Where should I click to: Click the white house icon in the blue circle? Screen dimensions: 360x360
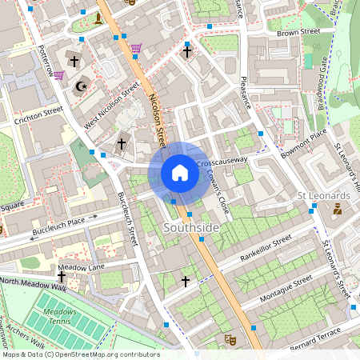[x=180, y=173]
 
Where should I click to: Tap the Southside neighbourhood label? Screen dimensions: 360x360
[x=190, y=228]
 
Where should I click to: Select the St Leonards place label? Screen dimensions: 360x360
[x=323, y=195]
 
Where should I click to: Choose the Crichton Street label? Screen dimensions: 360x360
[x=38, y=115]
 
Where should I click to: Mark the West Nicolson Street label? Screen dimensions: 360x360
[x=113, y=102]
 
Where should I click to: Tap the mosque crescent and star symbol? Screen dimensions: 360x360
[x=79, y=86]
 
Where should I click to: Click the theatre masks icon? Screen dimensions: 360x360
[x=229, y=339]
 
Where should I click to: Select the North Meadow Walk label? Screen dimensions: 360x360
[x=33, y=283]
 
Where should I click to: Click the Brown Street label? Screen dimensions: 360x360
[x=298, y=32]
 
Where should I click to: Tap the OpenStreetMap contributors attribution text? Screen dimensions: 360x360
[x=80, y=354]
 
